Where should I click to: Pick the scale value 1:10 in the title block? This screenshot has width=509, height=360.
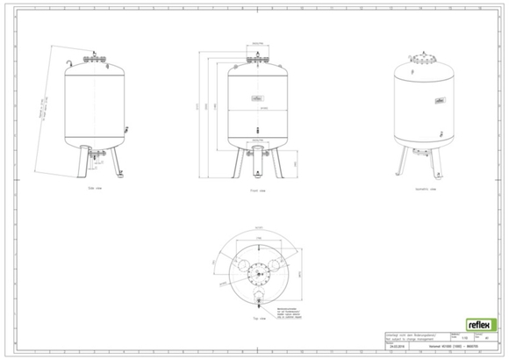(453, 338)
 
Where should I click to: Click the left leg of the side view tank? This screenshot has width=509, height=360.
(82, 163)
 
